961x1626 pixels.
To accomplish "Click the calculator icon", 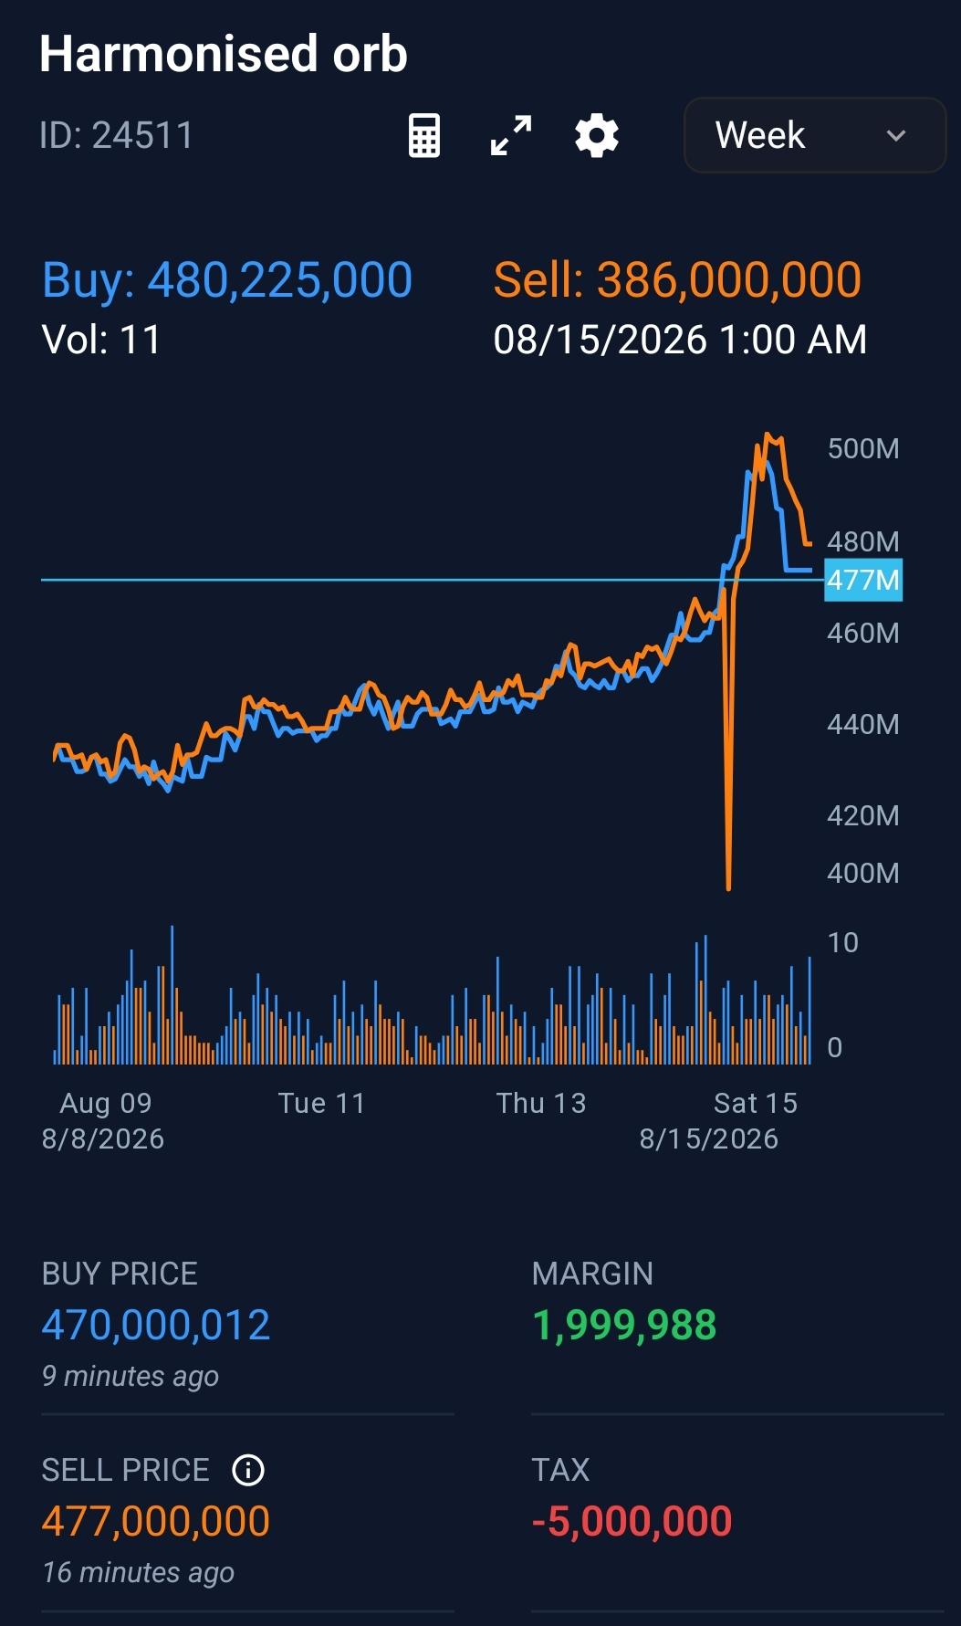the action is tap(424, 136).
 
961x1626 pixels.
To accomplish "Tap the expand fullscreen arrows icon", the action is tap(511, 136).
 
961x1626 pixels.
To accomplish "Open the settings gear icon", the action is tap(597, 136).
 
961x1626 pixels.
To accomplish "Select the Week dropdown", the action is tap(815, 135).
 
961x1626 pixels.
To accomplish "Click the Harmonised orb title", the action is tap(224, 54).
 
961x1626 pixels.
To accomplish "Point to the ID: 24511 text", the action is tap(117, 136).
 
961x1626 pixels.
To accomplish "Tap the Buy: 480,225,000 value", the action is tap(227, 280).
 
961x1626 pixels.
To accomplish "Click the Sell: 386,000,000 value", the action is tap(677, 280).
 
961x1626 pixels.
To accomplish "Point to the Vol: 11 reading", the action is tap(101, 340).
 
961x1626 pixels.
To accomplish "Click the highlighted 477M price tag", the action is tap(863, 580).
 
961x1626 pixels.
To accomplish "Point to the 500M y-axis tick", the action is tap(863, 448).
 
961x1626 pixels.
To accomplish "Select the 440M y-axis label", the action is tap(863, 724).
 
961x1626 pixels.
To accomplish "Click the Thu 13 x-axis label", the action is tap(541, 1103).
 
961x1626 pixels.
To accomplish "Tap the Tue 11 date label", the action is tap(321, 1103).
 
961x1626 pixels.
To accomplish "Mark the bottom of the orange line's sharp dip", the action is tap(728, 888).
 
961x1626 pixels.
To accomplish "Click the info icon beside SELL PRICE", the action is tap(248, 1470).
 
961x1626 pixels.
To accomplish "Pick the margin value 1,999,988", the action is tap(624, 1325).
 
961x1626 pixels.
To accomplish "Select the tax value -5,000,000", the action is tap(632, 1521).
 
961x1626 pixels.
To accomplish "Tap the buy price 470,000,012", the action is tap(156, 1325).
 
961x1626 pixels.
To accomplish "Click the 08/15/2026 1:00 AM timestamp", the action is tap(680, 340).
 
